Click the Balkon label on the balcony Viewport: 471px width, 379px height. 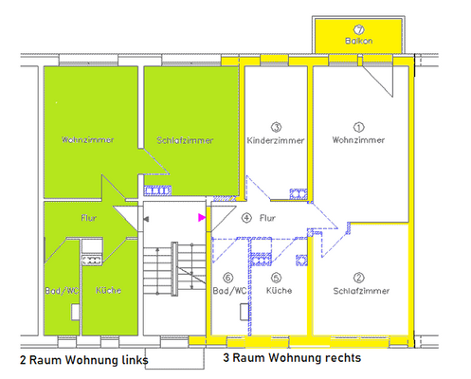click(359, 41)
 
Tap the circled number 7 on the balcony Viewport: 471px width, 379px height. click(359, 28)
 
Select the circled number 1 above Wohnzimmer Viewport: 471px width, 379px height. click(358, 126)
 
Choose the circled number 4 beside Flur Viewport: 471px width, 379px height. click(247, 218)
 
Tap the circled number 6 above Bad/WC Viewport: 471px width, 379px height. click(228, 279)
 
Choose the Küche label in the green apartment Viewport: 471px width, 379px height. click(107, 289)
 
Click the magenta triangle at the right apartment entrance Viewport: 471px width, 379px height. click(201, 218)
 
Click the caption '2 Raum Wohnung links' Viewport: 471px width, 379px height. click(82, 361)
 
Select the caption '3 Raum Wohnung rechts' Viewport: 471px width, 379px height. click(292, 359)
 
